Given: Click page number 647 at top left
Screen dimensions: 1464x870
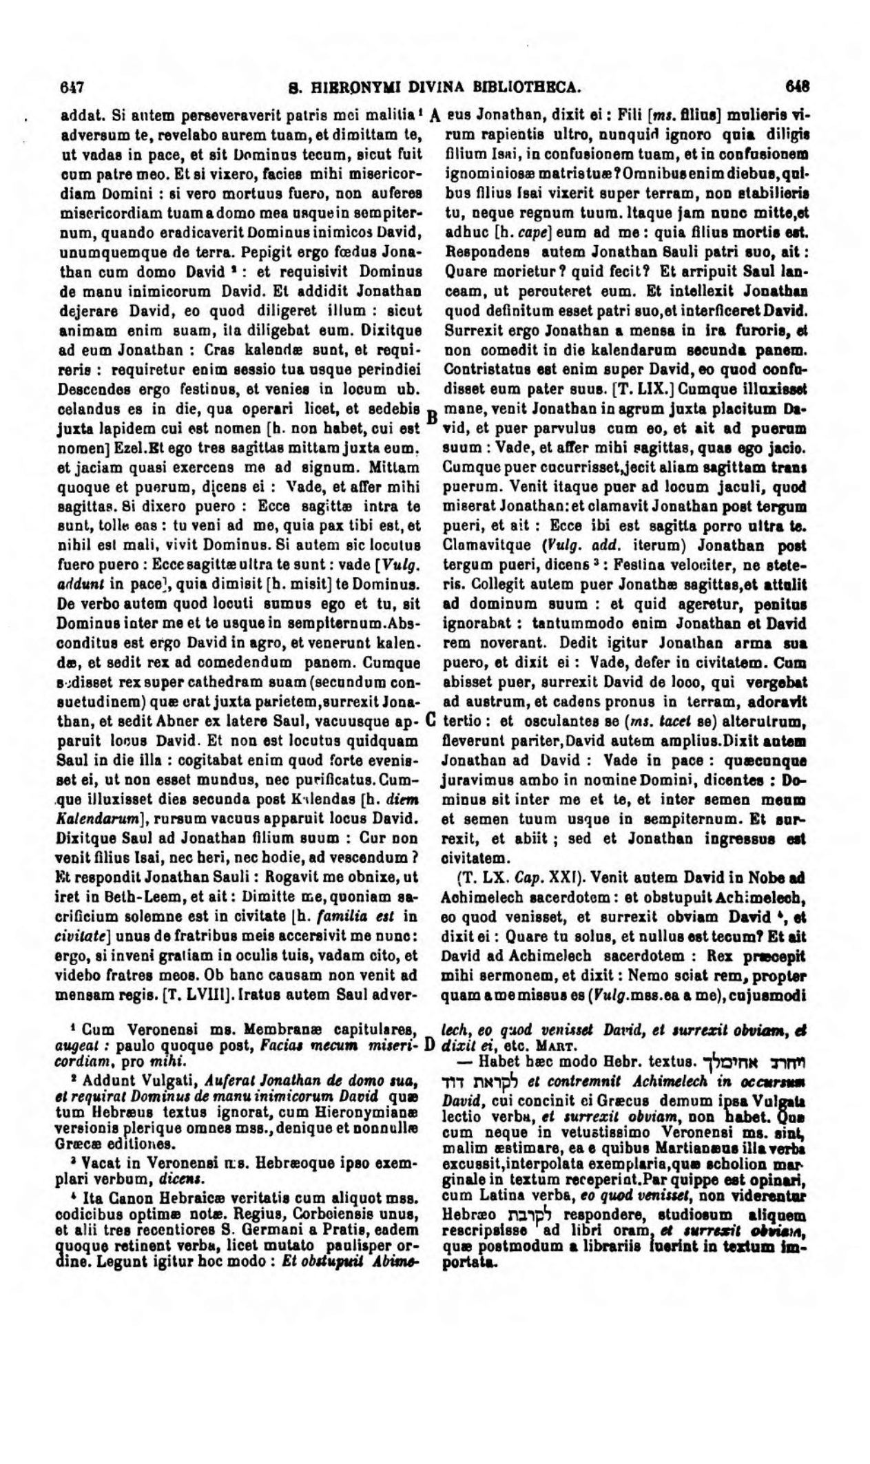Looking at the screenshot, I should pos(72,87).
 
